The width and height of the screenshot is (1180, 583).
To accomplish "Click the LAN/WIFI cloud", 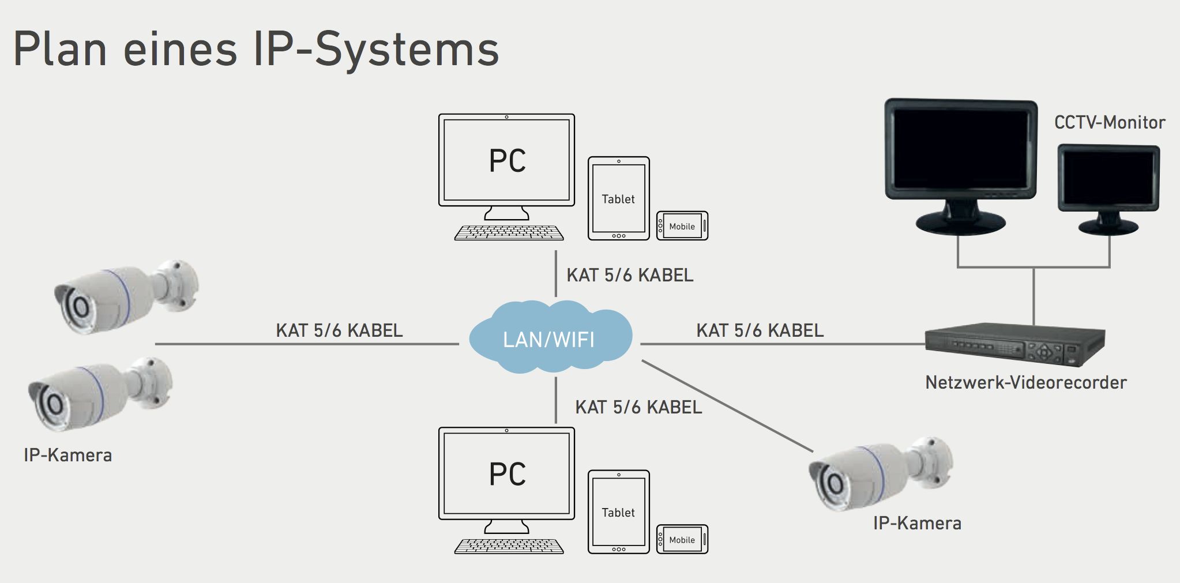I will click(x=549, y=338).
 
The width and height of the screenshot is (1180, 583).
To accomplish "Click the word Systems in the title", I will click(x=407, y=48).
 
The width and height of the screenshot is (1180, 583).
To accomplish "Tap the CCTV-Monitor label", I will click(x=1109, y=122).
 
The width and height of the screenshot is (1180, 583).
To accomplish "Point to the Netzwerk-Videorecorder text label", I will click(x=1025, y=382).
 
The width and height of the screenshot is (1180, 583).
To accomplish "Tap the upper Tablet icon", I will click(x=618, y=198).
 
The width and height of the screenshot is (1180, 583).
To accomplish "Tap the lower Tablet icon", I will click(x=618, y=512).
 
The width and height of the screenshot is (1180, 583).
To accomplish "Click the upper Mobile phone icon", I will click(x=682, y=226).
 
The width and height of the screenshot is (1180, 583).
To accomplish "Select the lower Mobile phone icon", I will click(x=682, y=540).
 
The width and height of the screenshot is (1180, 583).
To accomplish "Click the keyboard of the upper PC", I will click(x=509, y=233).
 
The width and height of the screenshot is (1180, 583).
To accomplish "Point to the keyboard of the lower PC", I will click(x=509, y=546).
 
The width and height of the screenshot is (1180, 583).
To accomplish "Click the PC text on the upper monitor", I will click(x=507, y=161).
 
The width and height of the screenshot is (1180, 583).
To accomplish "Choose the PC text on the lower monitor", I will click(x=507, y=474).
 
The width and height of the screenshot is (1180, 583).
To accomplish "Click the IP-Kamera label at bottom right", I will click(x=916, y=523).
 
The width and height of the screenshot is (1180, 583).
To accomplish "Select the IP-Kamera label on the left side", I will click(x=67, y=455).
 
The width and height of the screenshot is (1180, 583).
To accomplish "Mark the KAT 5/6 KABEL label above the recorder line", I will click(x=759, y=330).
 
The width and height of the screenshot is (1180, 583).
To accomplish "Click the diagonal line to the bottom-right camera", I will click(x=727, y=406).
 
